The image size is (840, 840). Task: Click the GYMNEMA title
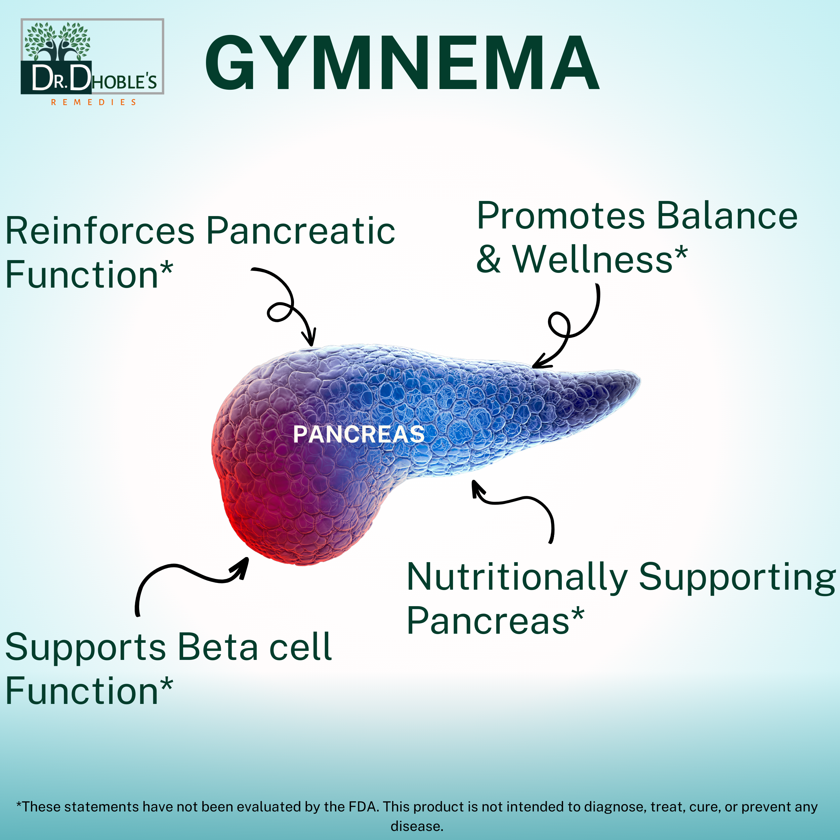402,64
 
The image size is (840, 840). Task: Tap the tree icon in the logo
57,41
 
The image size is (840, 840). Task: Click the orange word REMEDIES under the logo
93,102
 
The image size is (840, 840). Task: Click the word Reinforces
100,231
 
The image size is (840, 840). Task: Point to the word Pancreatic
300,231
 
